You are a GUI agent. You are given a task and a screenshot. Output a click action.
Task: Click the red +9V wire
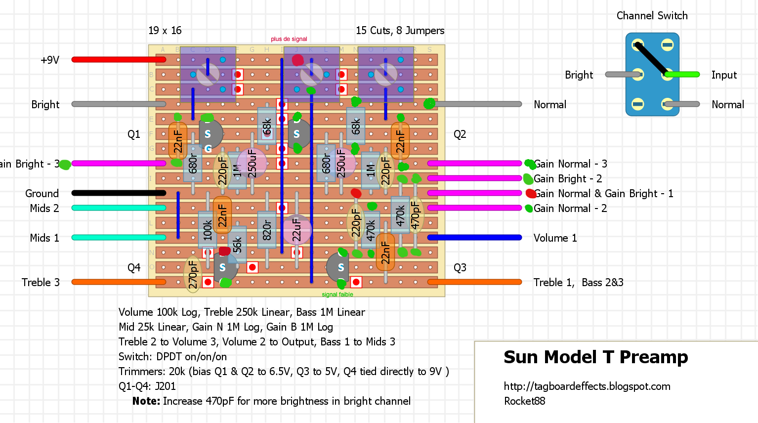pyautogui.click(x=119, y=60)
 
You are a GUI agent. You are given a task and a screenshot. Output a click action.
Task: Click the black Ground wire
pyautogui.click(x=119, y=193)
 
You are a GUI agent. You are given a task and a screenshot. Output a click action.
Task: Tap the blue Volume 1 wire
pyautogui.click(x=474, y=238)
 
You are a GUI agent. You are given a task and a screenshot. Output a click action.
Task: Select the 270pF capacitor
pyautogui.click(x=193, y=275)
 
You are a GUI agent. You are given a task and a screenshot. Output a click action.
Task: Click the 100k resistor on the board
pyautogui.click(x=208, y=230)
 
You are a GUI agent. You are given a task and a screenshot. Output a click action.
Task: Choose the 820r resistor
pyautogui.click(x=267, y=230)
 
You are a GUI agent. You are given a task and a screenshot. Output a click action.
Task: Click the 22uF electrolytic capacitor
pyautogui.click(x=296, y=230)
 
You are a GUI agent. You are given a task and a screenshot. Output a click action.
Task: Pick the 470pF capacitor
pyautogui.click(x=416, y=215)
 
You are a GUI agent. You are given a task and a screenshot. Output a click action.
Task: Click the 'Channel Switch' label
pyautogui.click(x=652, y=16)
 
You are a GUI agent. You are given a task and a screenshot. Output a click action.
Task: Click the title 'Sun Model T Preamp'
pyautogui.click(x=595, y=357)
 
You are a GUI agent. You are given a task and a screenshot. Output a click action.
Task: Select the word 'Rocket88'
pyautogui.click(x=524, y=401)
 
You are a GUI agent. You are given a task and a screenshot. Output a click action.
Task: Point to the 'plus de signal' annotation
pyautogui.click(x=289, y=39)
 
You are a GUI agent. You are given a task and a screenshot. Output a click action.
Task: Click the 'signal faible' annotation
pyautogui.click(x=337, y=295)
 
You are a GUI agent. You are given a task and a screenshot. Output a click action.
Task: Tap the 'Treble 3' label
pyautogui.click(x=41, y=283)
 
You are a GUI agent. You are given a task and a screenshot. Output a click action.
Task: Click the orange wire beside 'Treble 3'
pyautogui.click(x=119, y=282)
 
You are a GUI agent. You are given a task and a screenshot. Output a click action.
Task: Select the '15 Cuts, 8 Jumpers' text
pyautogui.click(x=400, y=31)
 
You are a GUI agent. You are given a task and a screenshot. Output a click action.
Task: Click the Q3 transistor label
pyautogui.click(x=460, y=268)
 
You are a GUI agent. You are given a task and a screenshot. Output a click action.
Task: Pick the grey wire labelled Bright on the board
pyautogui.click(x=119, y=104)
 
